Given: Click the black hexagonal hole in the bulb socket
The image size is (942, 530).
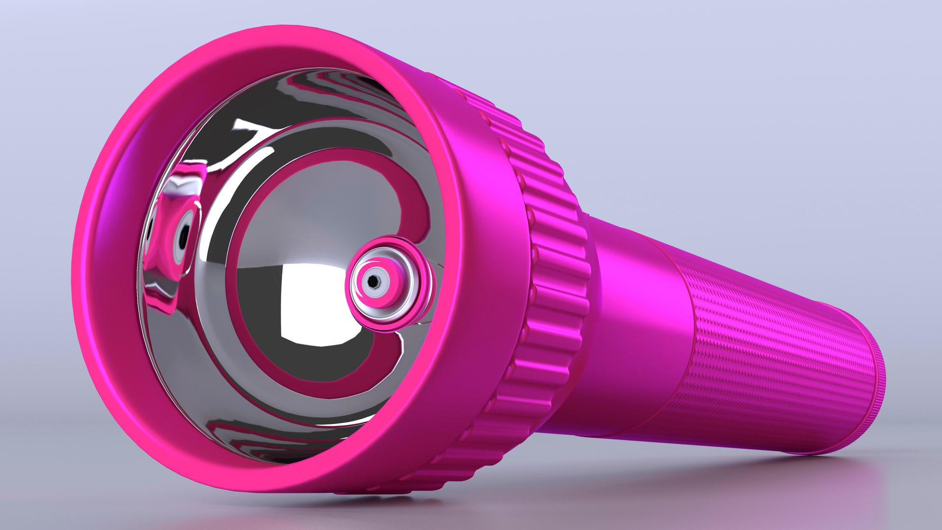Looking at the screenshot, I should pyautogui.click(x=373, y=281).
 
